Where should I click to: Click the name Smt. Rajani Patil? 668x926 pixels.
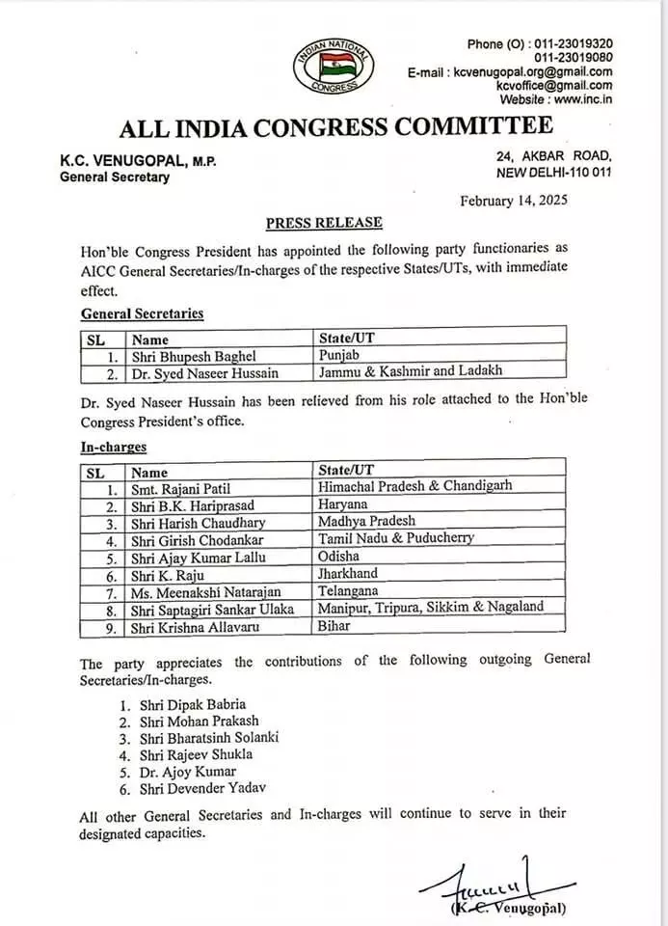(x=183, y=488)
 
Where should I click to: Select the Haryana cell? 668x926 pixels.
(x=344, y=504)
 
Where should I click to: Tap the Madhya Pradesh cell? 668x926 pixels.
(x=367, y=521)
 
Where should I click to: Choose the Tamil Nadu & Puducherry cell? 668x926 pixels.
(x=395, y=537)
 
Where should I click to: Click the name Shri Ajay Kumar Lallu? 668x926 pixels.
(x=199, y=557)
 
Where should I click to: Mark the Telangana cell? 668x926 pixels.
(x=350, y=590)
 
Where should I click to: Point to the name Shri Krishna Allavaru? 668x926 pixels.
(x=199, y=626)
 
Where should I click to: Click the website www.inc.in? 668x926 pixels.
(x=585, y=99)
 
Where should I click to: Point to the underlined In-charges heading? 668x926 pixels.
(x=114, y=447)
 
